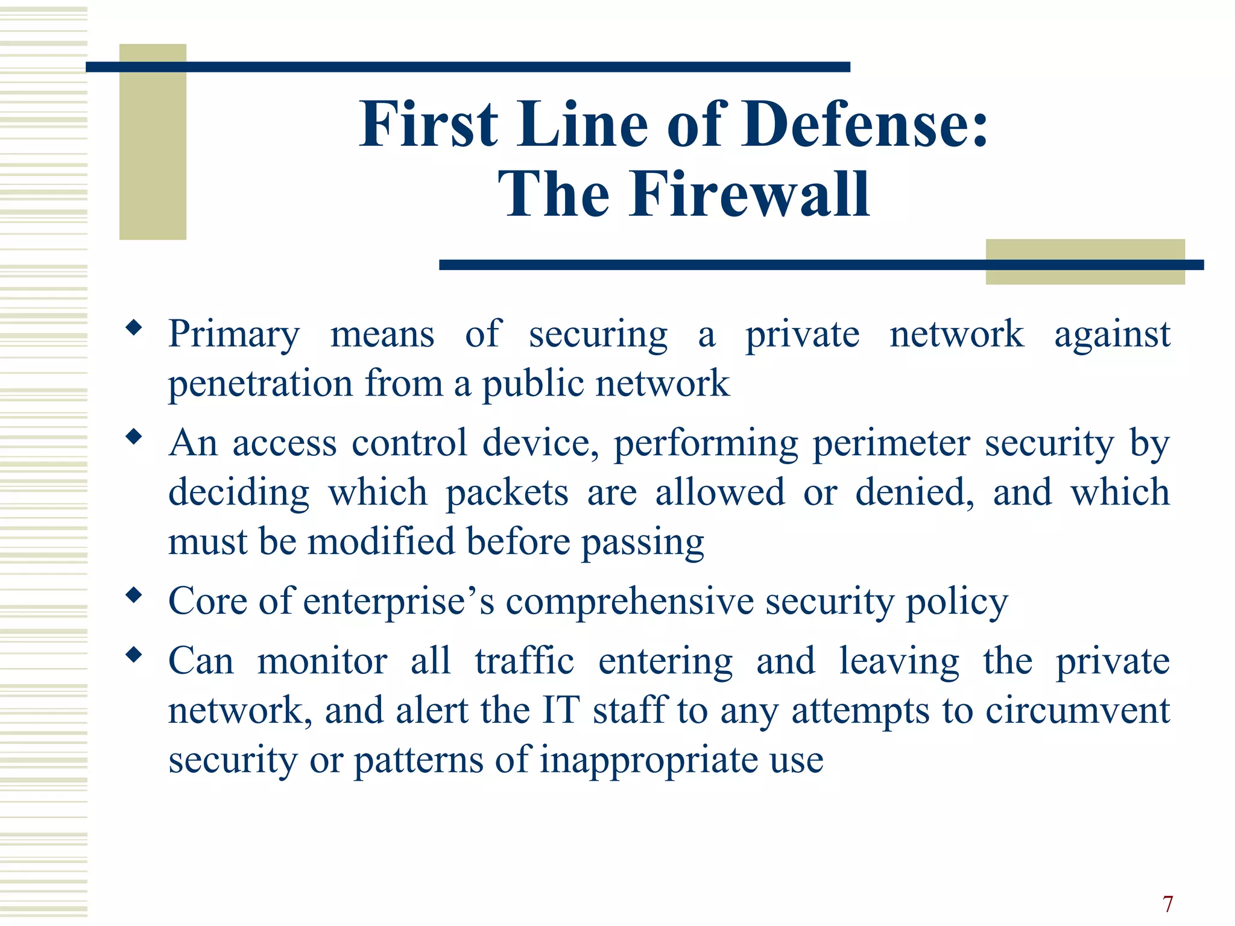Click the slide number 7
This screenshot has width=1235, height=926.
coord(1168,904)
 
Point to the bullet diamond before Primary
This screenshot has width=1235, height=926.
coord(134,328)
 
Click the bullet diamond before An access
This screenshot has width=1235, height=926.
coord(134,436)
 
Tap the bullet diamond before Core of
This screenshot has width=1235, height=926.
coord(134,596)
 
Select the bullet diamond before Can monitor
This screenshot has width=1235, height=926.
coord(134,655)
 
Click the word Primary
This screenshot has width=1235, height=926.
coord(234,334)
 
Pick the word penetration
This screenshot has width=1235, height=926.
coord(260,383)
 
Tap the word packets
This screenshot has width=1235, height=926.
coord(507,493)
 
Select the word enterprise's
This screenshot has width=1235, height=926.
coord(399,601)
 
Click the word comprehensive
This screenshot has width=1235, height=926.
coord(630,601)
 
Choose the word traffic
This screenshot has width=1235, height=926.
coord(524,661)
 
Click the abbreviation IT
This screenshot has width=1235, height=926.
coord(561,710)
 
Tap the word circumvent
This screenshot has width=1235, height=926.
coord(1078,710)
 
